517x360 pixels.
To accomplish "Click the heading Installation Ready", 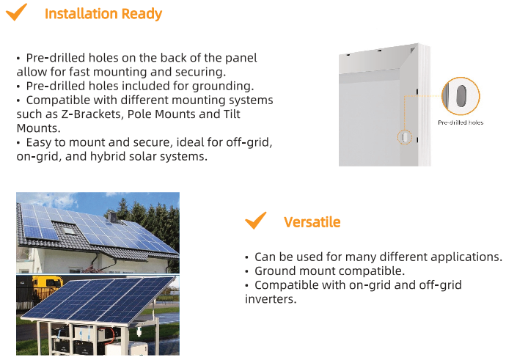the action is click(103, 14).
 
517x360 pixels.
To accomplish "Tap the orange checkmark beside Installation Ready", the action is click(16, 12).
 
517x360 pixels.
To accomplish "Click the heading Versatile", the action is click(312, 222).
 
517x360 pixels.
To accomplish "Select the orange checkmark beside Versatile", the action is click(255, 221).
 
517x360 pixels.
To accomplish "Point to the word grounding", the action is click(223, 87).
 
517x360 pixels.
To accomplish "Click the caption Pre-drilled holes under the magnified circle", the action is click(461, 122).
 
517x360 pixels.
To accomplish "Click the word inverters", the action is click(271, 299).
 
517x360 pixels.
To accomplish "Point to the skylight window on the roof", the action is click(69, 229).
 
